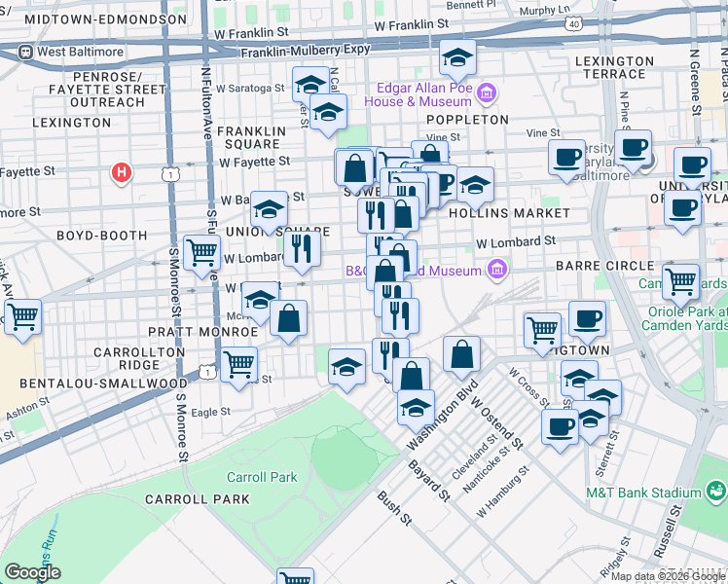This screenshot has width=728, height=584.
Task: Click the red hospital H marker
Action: pyautogui.click(x=122, y=172)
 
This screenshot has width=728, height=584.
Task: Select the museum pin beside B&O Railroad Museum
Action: pyautogui.click(x=497, y=268)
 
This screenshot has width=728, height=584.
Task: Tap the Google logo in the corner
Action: pyautogui.click(x=32, y=571)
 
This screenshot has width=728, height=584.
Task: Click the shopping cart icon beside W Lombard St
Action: pyautogui.click(x=201, y=252)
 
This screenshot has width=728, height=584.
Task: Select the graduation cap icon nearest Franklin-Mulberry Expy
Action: pyautogui.click(x=456, y=58)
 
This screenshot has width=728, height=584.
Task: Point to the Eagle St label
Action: pyautogui.click(x=210, y=412)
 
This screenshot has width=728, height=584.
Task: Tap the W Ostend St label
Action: pyautogui.click(x=497, y=420)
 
